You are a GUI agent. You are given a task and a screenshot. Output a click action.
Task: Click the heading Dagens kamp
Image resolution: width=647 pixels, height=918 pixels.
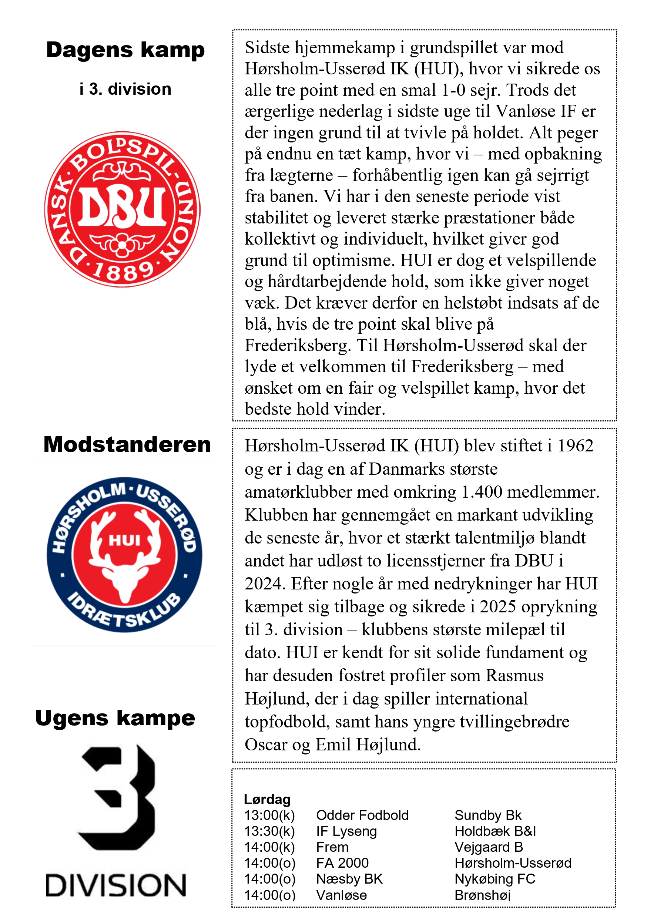pyautogui.click(x=125, y=50)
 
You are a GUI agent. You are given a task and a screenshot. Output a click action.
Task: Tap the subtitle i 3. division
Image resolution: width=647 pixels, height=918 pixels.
pyautogui.click(x=125, y=89)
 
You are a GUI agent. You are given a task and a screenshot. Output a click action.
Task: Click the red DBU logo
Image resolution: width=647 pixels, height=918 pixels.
pyautogui.click(x=123, y=209)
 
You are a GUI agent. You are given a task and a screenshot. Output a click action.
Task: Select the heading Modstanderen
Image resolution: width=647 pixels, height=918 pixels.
pyautogui.click(x=127, y=445)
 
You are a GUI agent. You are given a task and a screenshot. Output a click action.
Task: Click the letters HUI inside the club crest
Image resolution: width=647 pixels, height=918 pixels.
pyautogui.click(x=124, y=541)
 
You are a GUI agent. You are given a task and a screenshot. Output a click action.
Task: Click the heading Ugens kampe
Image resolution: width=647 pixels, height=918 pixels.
pyautogui.click(x=115, y=718)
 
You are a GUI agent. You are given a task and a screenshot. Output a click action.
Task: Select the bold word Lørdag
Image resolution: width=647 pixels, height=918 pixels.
pyautogui.click(x=267, y=799)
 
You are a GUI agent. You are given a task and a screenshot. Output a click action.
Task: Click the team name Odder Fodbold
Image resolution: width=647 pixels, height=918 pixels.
pyautogui.click(x=362, y=815)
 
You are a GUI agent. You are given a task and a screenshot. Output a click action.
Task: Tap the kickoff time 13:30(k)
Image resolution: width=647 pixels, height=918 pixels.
pyautogui.click(x=269, y=831)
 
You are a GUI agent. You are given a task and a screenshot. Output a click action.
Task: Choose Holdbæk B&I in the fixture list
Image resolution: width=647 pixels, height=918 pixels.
pyautogui.click(x=495, y=831)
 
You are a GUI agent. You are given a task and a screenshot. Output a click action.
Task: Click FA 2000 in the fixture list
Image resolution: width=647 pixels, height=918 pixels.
pyautogui.click(x=342, y=863)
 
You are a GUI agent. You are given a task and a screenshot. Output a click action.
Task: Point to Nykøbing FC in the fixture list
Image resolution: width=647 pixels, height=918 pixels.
pyautogui.click(x=495, y=879)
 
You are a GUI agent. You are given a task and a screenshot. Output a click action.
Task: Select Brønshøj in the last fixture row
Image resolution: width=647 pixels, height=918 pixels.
pyautogui.click(x=483, y=895)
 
